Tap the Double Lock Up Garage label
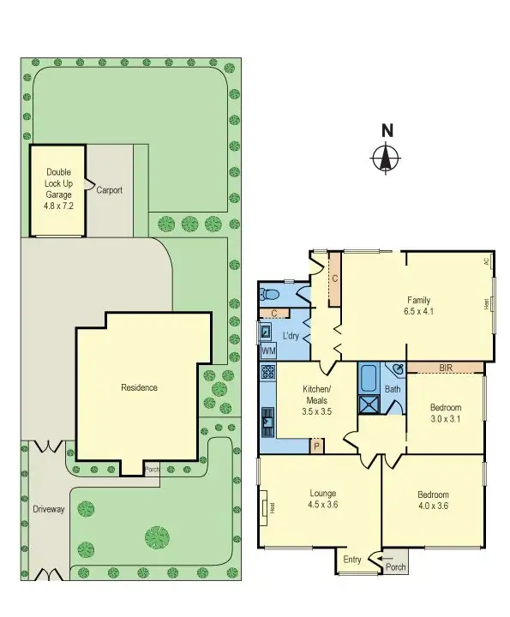pos(59,189)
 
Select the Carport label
pos(109,190)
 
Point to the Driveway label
pos(49,509)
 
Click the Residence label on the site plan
pos(139,387)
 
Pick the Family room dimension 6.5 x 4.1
pos(420,312)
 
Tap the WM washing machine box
pos(268,351)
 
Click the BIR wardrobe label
pos(446,368)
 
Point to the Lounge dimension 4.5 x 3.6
pos(322,506)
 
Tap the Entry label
pos(352,560)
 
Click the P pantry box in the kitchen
pos(316,446)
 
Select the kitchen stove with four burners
pos(267,373)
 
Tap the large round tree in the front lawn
pos(158,538)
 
